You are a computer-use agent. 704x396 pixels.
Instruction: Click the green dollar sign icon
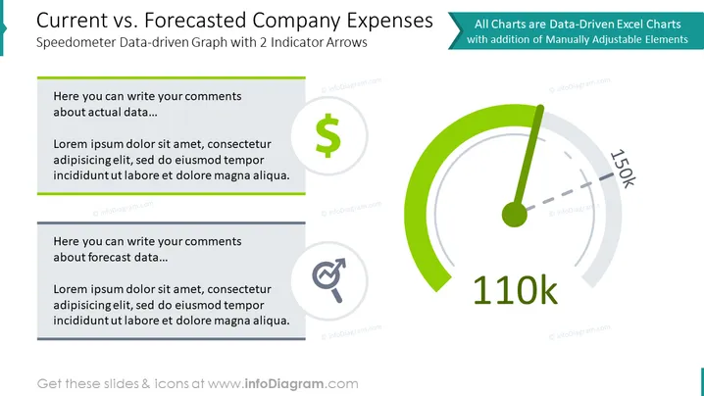(x=328, y=135)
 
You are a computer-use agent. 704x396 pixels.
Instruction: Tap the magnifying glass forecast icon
(x=329, y=280)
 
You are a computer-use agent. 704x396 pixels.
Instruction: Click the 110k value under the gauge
(x=515, y=290)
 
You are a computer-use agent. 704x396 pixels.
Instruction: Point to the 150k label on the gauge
(x=623, y=169)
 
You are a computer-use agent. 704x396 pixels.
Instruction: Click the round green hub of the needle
(x=515, y=214)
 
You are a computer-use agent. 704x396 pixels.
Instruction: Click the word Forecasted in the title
(x=195, y=21)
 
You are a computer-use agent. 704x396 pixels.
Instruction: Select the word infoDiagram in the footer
(x=283, y=384)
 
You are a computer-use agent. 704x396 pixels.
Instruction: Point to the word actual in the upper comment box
(x=104, y=113)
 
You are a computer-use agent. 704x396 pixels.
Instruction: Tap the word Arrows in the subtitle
(x=346, y=43)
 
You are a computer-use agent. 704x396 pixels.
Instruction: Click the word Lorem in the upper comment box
(x=68, y=144)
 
